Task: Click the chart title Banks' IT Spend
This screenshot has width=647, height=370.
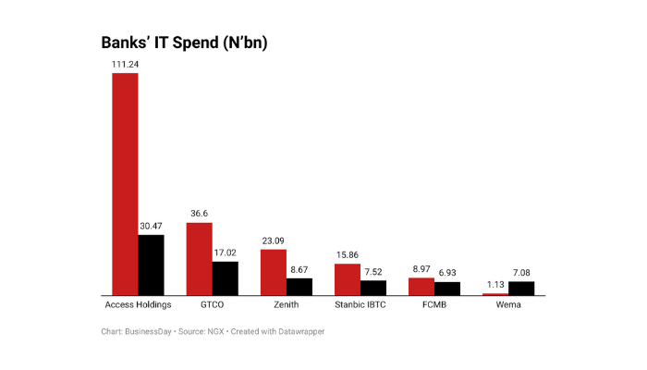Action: pos(184,43)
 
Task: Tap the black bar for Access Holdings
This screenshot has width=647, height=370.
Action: pos(151,265)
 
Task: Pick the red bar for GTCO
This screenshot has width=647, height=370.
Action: pos(199,258)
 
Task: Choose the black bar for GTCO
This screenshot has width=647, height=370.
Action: pos(225,277)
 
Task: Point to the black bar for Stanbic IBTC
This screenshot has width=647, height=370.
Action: pos(373,288)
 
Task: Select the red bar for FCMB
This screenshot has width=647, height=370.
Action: pos(421,286)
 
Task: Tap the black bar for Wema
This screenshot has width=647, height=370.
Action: pos(521,288)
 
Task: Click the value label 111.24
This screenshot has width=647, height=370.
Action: pos(125,64)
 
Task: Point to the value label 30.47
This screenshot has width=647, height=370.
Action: pos(151,226)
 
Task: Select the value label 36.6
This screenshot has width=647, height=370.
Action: pos(199,214)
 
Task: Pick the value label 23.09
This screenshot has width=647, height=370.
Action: pos(274,240)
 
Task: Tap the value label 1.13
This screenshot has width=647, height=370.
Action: pos(495,285)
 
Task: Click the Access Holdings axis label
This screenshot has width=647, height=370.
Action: pos(138,304)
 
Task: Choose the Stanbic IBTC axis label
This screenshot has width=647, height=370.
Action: pos(360,304)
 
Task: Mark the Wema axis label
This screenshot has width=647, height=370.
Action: pos(508,304)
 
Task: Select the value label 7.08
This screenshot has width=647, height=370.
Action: pos(521,273)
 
